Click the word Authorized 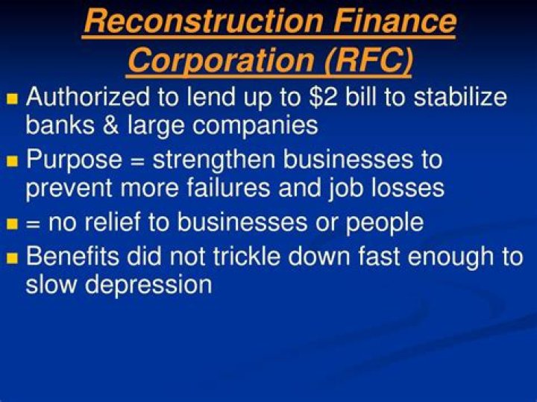(x=86, y=98)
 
